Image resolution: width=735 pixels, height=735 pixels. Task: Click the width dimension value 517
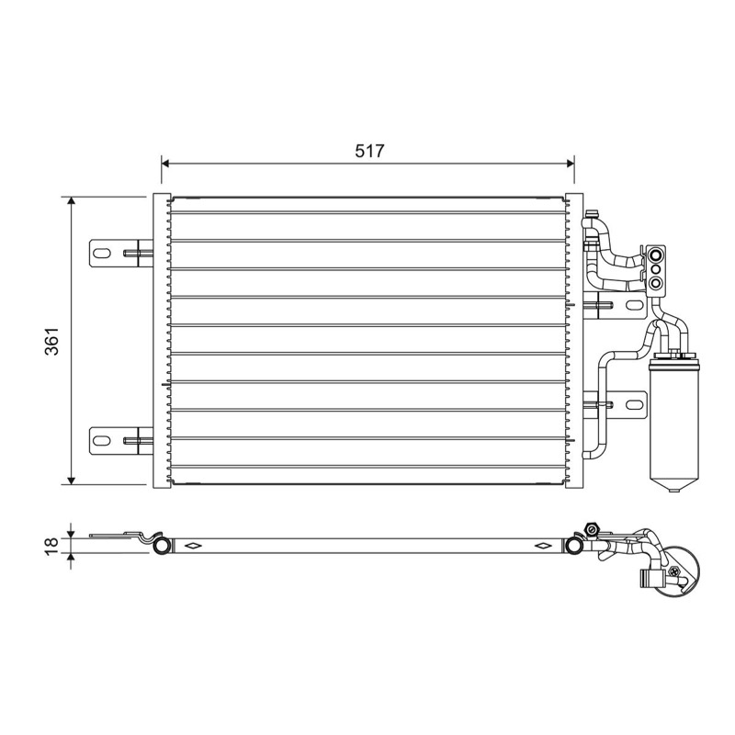[369, 151]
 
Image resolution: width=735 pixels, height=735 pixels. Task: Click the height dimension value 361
[51, 341]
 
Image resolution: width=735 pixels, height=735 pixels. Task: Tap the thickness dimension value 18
[51, 546]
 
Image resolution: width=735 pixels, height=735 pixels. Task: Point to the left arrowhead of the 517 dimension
[165, 164]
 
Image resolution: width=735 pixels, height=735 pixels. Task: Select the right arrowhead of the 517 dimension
[571, 164]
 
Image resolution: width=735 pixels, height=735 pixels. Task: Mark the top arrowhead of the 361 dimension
[72, 200]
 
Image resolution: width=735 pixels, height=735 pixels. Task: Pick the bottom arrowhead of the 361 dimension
[72, 481]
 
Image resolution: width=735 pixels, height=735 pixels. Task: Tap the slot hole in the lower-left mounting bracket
[101, 441]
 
